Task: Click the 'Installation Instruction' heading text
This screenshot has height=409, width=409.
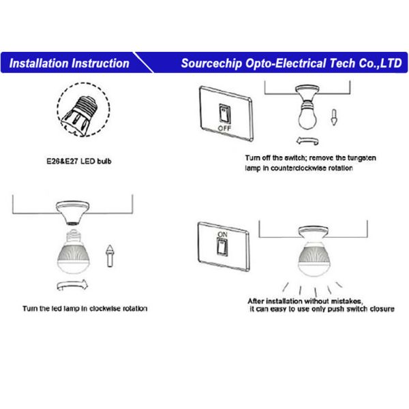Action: pos(70,63)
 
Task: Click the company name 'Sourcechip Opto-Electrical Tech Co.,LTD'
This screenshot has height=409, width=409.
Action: pos(291,63)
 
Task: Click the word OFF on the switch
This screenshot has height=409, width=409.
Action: pos(224,127)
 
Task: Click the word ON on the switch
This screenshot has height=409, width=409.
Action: pos(221,234)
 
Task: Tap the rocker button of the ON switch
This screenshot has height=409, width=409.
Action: pos(221,247)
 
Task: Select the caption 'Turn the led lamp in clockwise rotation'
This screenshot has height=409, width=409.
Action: pos(85,309)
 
